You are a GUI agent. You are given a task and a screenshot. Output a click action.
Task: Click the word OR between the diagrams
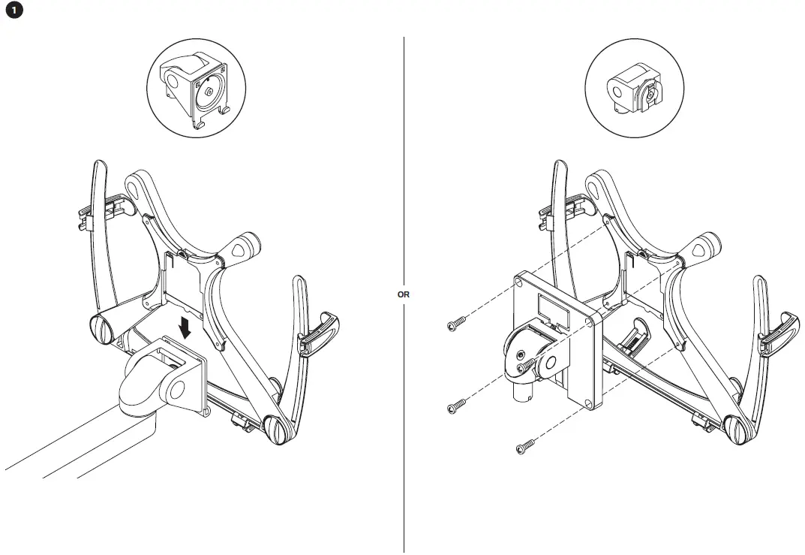(404, 294)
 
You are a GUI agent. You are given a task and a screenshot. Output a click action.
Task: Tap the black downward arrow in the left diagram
(184, 327)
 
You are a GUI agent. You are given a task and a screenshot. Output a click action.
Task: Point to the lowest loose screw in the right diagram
(524, 448)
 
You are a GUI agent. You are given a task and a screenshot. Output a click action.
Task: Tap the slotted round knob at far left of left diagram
(101, 328)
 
